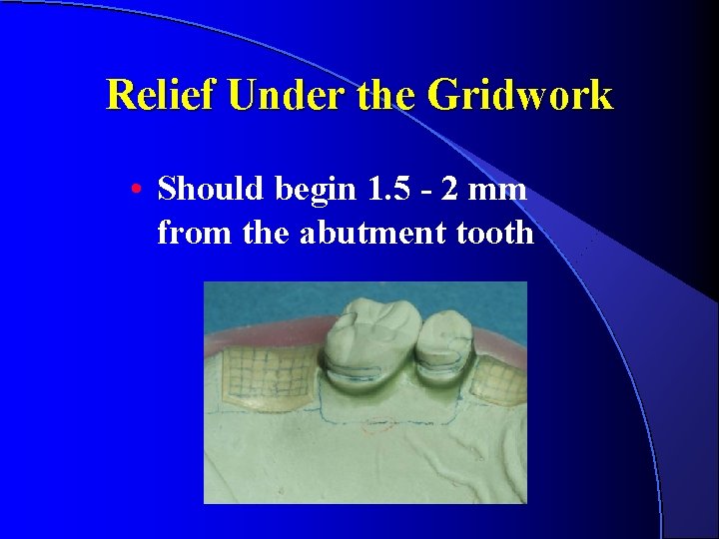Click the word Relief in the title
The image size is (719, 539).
162,95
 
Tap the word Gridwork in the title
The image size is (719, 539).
519,95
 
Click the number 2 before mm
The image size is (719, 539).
458,188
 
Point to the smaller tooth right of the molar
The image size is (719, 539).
444,345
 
